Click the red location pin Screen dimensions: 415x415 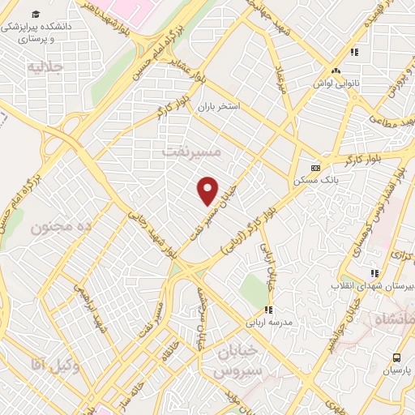[208, 190]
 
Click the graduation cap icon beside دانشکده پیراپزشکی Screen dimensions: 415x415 [35, 15]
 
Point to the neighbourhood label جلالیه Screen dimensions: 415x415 [45, 67]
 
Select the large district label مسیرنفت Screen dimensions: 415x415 [191, 151]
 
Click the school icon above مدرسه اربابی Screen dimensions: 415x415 [268, 309]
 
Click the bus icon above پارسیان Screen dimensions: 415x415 [396, 357]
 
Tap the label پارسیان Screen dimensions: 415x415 [397, 370]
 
